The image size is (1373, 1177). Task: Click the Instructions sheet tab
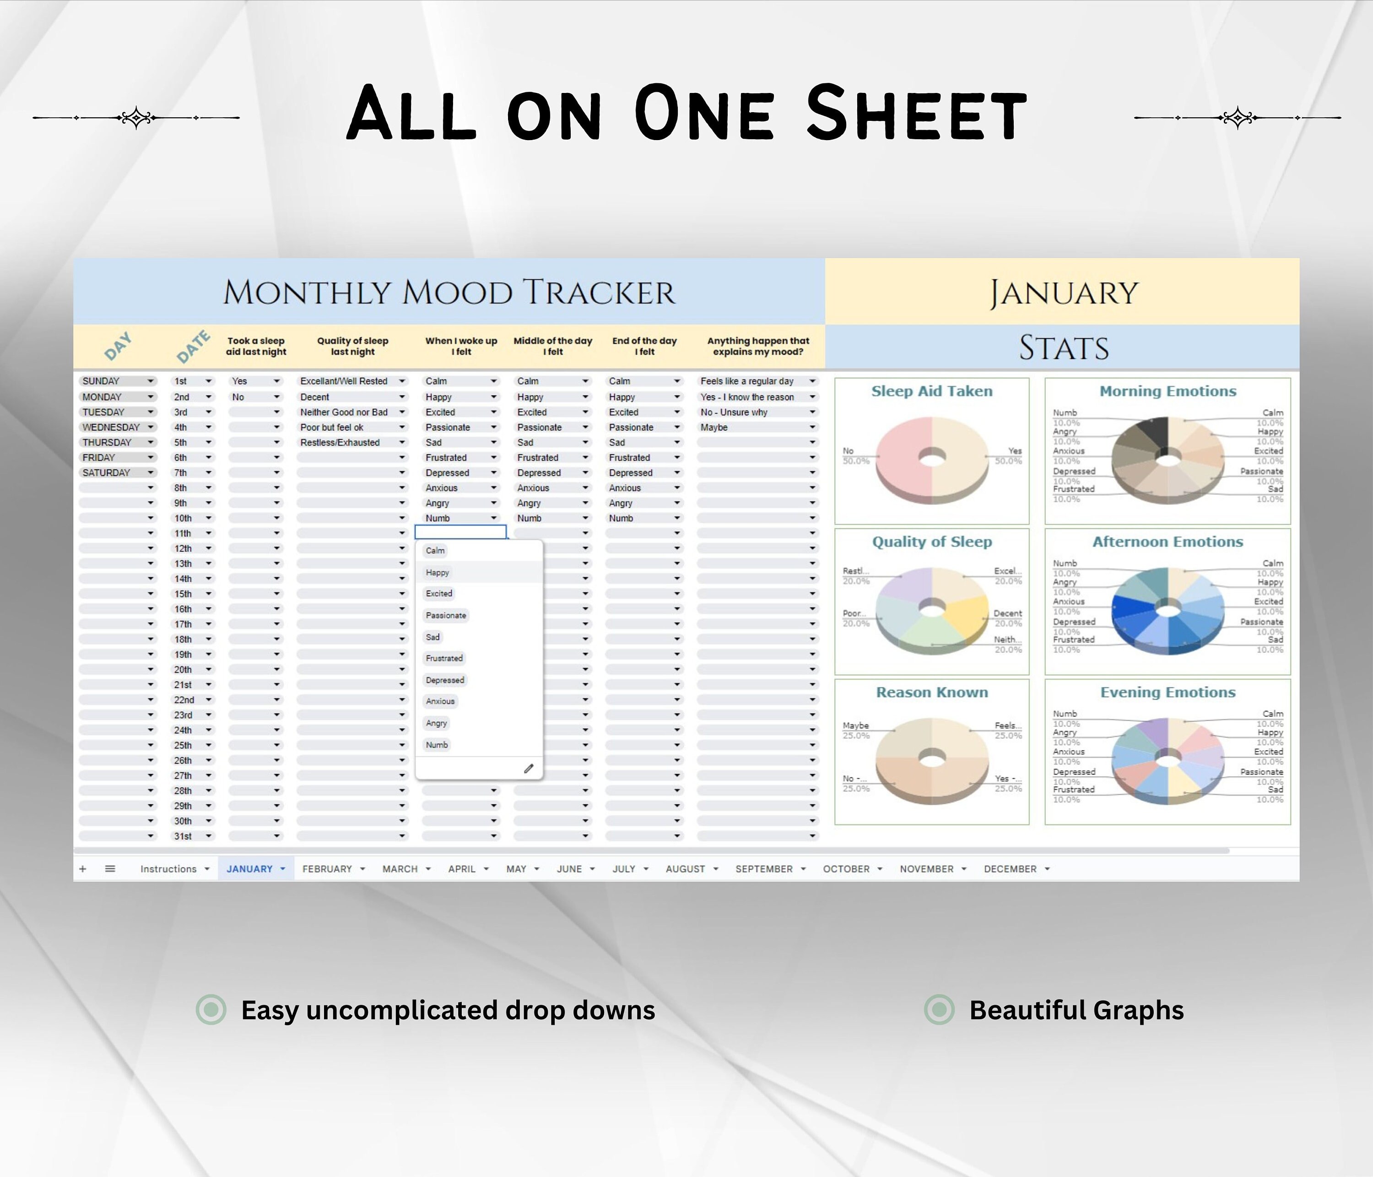168,869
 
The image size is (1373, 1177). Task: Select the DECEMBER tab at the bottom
1010,869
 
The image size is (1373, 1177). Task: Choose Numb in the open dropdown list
437,745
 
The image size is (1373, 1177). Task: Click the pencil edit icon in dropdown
529,769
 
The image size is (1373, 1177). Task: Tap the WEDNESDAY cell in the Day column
111,428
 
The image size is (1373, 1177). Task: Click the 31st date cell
183,836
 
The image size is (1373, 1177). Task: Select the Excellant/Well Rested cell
344,381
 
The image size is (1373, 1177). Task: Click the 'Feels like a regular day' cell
747,381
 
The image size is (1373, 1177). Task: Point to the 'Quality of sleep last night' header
352,346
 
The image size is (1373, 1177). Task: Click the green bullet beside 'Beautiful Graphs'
939,1010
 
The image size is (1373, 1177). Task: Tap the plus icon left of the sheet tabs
83,869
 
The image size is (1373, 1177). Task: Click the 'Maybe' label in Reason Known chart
855,726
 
